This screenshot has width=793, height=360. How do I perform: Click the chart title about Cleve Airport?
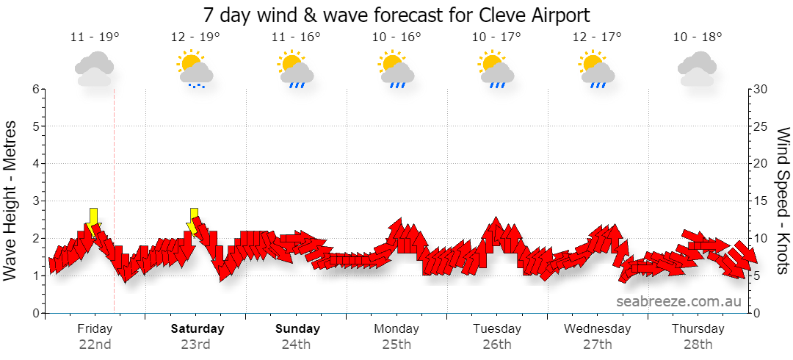396,15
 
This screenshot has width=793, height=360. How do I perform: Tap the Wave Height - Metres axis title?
10,201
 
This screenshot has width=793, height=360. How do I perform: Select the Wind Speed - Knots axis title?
783,201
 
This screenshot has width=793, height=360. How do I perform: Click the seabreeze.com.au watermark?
678,301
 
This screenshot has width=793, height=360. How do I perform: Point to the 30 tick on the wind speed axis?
760,89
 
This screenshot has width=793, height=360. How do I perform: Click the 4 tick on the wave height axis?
36,164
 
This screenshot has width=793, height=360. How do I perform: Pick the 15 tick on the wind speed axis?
760,201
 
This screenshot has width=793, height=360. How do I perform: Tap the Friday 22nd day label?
95,336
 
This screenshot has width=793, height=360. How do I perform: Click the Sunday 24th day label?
297,336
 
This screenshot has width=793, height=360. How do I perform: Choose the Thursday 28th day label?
698,336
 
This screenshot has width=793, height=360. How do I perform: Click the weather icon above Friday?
94,68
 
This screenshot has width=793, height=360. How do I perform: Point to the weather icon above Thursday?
697,68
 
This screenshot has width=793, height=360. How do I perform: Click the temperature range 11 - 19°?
95,37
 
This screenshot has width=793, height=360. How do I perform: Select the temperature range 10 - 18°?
698,37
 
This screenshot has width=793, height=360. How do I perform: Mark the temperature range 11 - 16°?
297,37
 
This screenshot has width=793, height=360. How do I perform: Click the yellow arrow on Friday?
93,223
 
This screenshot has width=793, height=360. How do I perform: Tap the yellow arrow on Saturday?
193,223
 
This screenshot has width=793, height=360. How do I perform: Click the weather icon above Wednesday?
598,69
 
